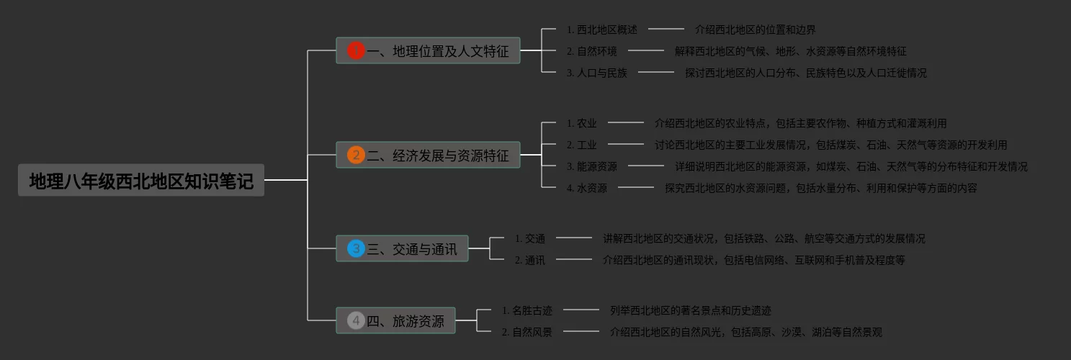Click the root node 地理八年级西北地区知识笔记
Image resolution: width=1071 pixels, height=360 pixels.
pos(141,181)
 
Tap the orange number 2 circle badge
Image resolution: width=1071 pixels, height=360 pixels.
pos(356,155)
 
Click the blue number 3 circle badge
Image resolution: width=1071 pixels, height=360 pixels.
pos(356,248)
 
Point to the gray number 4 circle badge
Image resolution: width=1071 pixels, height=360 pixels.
pos(356,320)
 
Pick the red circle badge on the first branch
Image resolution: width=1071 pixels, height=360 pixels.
pos(356,50)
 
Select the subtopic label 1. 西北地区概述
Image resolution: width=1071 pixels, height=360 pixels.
pos(601,30)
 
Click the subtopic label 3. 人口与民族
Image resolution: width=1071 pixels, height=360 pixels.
pos(596,73)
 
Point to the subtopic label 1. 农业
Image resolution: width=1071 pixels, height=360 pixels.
pos(581,123)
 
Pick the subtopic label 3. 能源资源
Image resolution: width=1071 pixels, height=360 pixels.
pos(591,166)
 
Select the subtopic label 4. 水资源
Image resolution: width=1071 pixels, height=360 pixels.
pos(586,188)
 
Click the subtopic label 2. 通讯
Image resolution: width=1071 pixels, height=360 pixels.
pos(529,260)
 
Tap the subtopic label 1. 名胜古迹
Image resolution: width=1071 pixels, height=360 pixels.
pos(526,310)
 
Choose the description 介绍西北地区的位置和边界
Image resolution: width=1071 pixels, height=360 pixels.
pos(755,30)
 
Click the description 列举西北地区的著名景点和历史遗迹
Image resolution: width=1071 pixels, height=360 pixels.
pos(690,310)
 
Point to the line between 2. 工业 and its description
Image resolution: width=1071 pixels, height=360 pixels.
pos(625,145)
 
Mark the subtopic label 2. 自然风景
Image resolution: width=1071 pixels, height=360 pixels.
pos(526,332)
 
